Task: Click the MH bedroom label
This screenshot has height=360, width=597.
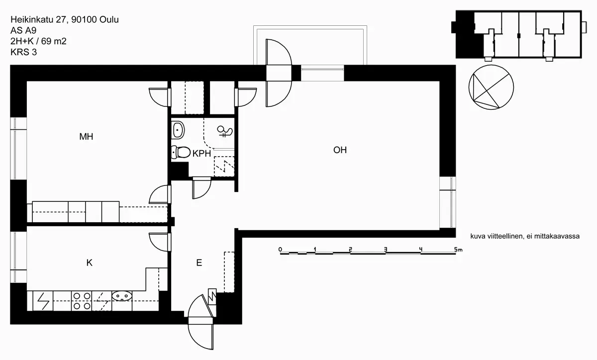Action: click(86, 136)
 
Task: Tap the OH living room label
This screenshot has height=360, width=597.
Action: click(340, 150)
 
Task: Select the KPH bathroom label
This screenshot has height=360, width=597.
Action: click(202, 154)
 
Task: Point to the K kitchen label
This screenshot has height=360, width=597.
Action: click(89, 263)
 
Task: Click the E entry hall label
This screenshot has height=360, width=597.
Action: click(199, 263)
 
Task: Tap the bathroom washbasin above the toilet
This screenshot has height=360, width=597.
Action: click(178, 131)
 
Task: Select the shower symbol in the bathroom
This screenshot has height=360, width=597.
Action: click(224, 131)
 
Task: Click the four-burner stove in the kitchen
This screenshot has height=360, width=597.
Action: click(82, 301)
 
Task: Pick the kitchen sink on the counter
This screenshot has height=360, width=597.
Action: click(122, 296)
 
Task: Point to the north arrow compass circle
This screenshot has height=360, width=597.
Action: click(491, 87)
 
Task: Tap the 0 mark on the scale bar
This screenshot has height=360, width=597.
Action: click(280, 249)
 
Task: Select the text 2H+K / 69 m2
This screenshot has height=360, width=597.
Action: click(38, 41)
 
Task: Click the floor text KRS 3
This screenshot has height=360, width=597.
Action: click(24, 52)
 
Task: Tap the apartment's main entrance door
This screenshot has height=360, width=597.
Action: click(201, 318)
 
